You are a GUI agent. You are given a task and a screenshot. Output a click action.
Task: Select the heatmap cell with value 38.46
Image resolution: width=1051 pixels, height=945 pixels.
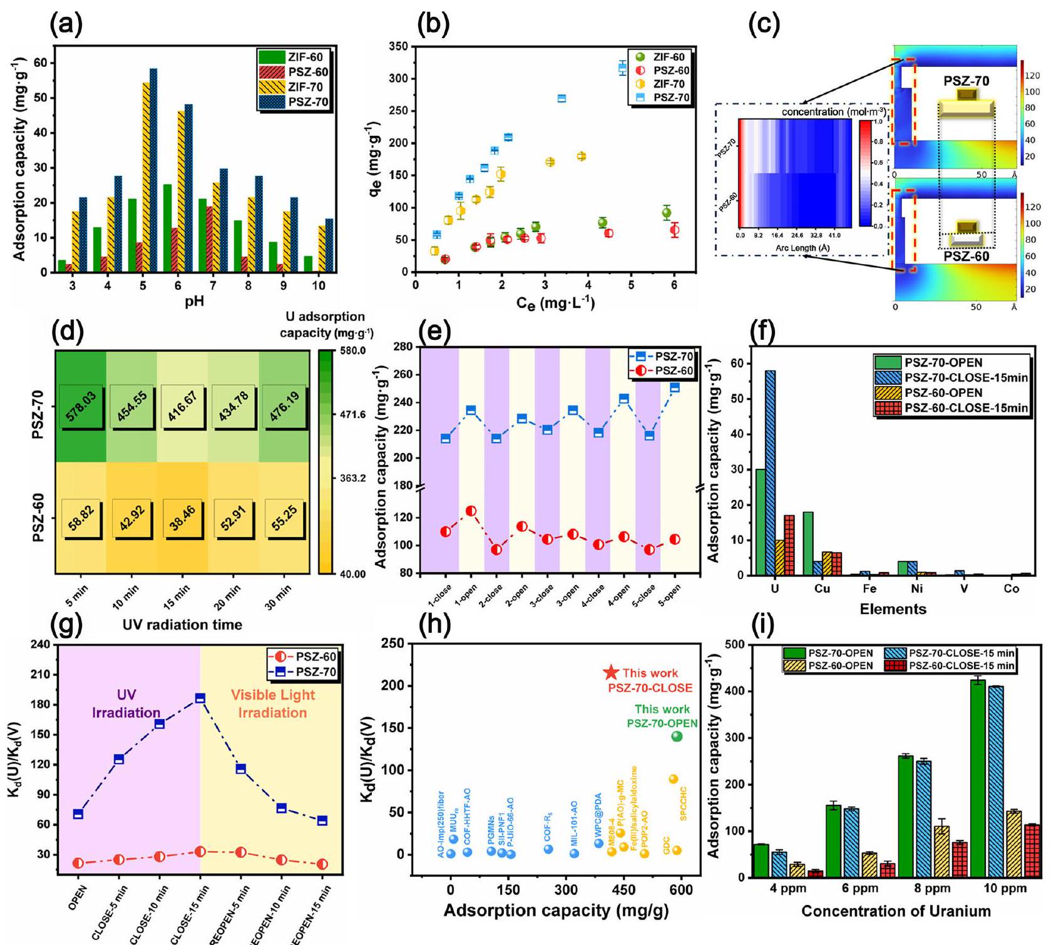click(182, 518)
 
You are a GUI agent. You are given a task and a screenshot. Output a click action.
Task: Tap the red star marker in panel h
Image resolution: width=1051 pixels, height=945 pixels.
click(612, 673)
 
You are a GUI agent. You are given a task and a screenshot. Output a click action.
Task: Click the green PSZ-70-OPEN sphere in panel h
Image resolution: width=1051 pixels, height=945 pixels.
click(677, 737)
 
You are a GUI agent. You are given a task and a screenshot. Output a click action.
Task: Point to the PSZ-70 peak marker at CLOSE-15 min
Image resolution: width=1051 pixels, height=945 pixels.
click(200, 698)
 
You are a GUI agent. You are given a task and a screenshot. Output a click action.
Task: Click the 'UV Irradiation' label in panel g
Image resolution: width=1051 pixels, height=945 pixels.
click(126, 704)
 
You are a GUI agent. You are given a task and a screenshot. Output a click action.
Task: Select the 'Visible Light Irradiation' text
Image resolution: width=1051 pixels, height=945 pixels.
click(272, 704)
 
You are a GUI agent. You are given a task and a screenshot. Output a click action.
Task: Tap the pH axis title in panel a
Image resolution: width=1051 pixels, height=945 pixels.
click(194, 302)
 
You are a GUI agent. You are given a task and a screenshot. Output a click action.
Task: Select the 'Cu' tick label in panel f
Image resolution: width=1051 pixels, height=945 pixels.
click(822, 589)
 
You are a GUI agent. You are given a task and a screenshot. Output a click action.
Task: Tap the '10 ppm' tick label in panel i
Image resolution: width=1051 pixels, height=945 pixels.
click(1005, 889)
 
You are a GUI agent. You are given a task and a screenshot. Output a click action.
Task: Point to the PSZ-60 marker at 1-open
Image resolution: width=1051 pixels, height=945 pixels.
click(471, 511)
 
